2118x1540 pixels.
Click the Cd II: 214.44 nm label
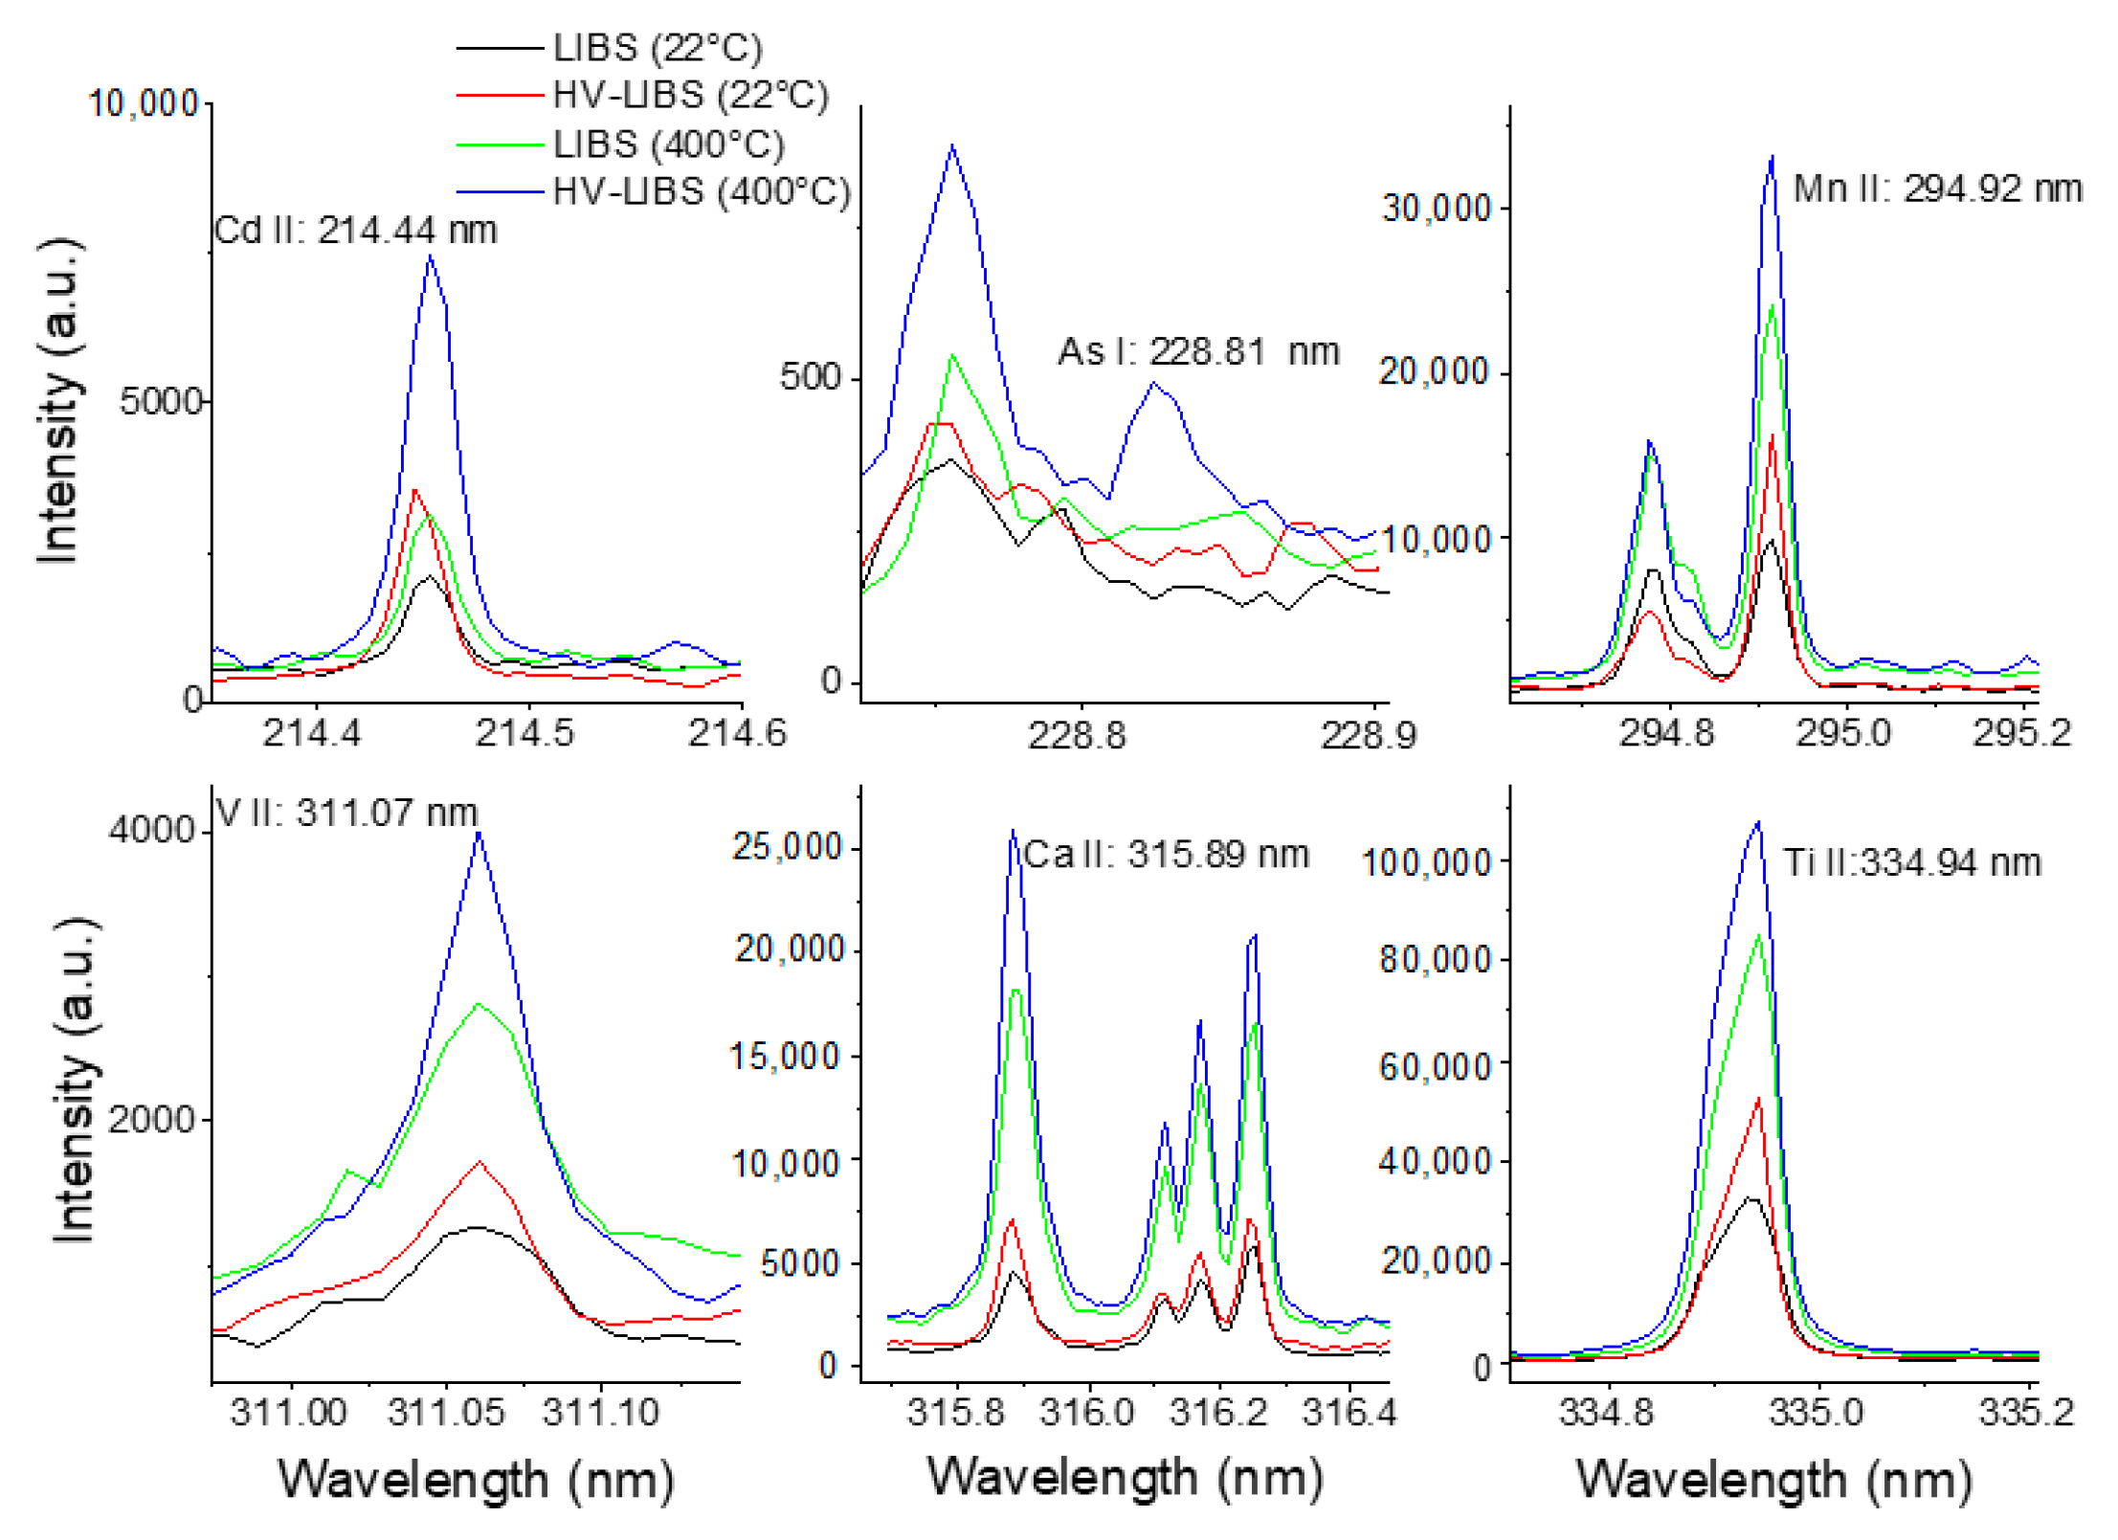click(x=355, y=231)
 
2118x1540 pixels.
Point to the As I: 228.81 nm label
click(x=1196, y=351)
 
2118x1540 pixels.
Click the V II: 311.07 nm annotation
click(x=346, y=813)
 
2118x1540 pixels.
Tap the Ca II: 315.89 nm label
click(x=1164, y=854)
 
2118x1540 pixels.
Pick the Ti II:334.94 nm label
click(x=1910, y=862)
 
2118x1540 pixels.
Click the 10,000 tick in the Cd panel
click(x=144, y=103)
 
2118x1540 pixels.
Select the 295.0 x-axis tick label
click(x=1842, y=733)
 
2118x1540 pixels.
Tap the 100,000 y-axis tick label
click(x=1425, y=862)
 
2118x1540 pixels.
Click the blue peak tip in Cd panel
click(x=431, y=257)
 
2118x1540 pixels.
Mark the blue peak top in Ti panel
click(x=1757, y=822)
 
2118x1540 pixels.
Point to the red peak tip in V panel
click(x=479, y=1162)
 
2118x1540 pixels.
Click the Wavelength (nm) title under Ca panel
click(x=1125, y=1477)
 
